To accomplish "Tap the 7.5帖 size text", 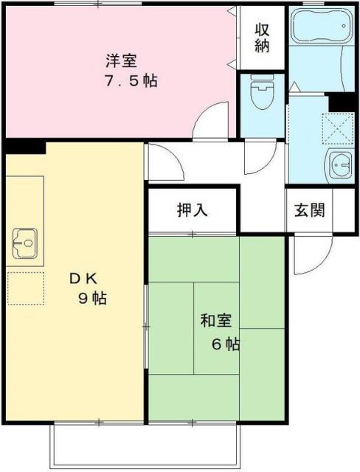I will click(130, 80).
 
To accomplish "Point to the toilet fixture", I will click(260, 94).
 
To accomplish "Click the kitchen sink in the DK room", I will click(25, 240).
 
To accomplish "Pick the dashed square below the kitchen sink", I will click(25, 288).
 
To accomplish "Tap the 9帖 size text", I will click(92, 299).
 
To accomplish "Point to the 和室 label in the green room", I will click(215, 322).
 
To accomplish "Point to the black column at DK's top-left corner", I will click(24, 147).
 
